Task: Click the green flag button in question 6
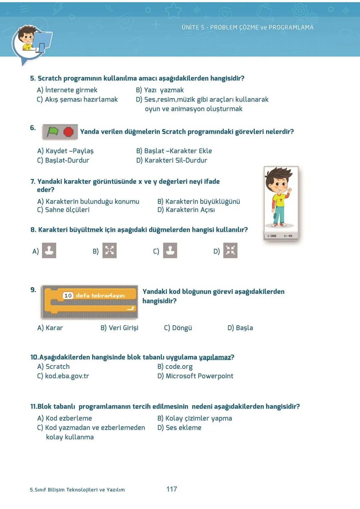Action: click(x=53, y=132)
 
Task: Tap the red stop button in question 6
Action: click(x=69, y=132)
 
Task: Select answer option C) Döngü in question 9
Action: click(x=178, y=328)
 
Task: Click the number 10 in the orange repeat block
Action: click(x=68, y=295)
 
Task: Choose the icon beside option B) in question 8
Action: click(x=109, y=251)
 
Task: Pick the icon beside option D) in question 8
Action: click(x=230, y=251)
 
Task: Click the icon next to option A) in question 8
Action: click(x=49, y=251)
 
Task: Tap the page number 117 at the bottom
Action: click(x=172, y=489)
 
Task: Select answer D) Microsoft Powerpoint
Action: click(x=195, y=376)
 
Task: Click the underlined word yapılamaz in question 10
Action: click(x=215, y=357)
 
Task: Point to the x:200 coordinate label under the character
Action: click(x=272, y=236)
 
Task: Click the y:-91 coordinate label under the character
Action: click(x=288, y=236)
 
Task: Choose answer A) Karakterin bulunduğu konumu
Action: click(x=88, y=202)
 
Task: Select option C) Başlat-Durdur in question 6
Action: click(x=63, y=160)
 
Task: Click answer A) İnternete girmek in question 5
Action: click(x=67, y=90)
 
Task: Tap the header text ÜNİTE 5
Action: click(x=193, y=27)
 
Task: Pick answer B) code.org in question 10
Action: click(x=175, y=367)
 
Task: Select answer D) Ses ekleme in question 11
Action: click(x=179, y=428)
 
